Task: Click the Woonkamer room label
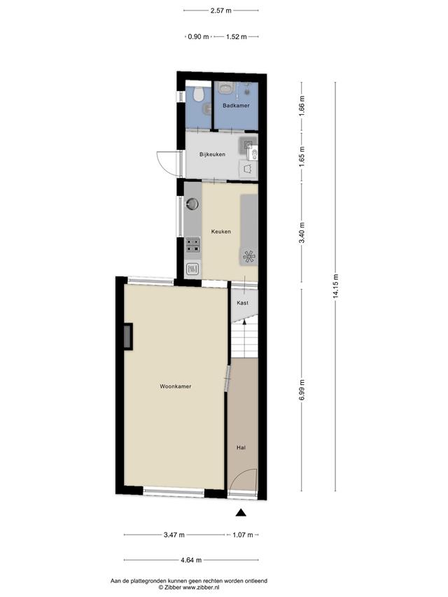(175, 386)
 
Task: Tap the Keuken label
(221, 232)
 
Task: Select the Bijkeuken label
(212, 155)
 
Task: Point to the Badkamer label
(236, 106)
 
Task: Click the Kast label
(243, 302)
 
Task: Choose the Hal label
(241, 448)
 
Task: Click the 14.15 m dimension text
(336, 286)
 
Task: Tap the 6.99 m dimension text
(302, 390)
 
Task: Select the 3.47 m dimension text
(174, 535)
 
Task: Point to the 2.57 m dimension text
(221, 10)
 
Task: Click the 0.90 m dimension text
(199, 37)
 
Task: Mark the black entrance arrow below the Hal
(241, 512)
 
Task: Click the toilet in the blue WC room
(197, 94)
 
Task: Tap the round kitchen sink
(192, 204)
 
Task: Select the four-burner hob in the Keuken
(192, 245)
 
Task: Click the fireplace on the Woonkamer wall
(128, 336)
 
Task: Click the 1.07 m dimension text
(243, 535)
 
